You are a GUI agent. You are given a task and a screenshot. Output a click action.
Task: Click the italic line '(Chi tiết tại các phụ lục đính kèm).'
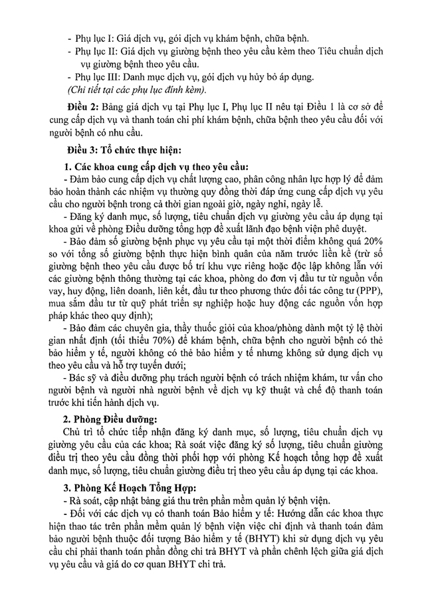click(136, 90)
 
